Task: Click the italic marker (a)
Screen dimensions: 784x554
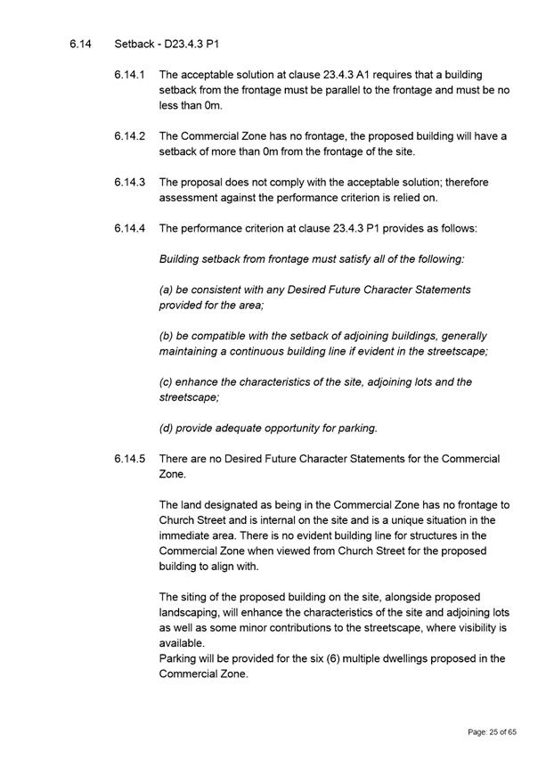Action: (167, 290)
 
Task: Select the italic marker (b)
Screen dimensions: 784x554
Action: (167, 336)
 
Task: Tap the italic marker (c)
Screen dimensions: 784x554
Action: (167, 382)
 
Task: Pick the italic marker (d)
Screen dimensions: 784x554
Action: (167, 428)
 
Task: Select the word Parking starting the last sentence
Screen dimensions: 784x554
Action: (180, 658)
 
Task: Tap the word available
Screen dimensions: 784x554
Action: (181, 643)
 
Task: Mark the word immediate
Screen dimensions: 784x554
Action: (185, 535)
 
